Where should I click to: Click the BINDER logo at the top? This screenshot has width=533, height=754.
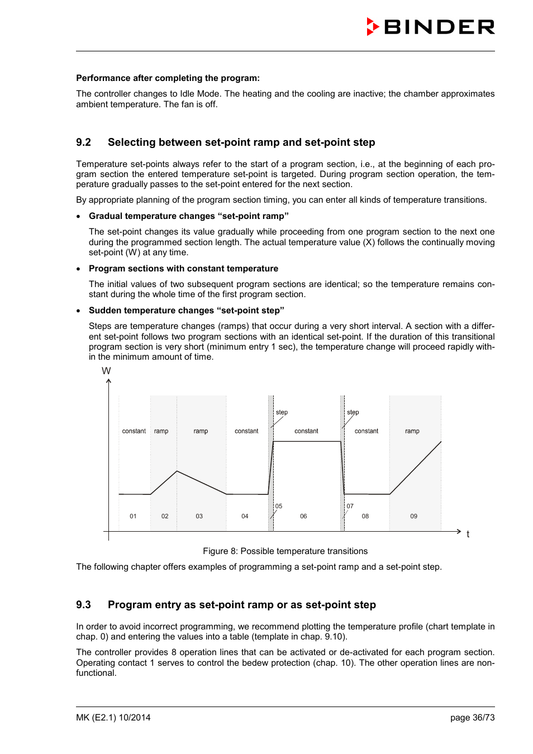[x=430, y=27]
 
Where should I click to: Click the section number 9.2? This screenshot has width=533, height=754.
[x=83, y=142]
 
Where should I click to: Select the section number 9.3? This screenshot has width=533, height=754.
[x=83, y=605]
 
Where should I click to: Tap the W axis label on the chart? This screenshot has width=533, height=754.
[x=106, y=371]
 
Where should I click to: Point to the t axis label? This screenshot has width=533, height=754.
[x=468, y=535]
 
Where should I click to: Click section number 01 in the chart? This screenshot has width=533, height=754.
[x=133, y=516]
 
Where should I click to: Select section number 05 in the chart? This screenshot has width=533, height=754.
[x=279, y=506]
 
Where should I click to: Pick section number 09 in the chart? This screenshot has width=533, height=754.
[x=413, y=516]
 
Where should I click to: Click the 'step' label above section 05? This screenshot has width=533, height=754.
[x=282, y=412]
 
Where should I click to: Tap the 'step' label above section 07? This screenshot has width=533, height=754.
[x=353, y=412]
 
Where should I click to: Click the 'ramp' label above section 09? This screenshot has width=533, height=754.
[x=412, y=431]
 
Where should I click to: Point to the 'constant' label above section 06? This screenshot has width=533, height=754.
[x=306, y=431]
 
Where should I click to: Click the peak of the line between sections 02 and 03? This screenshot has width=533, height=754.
[x=177, y=471]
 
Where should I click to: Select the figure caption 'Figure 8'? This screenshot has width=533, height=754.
[x=285, y=551]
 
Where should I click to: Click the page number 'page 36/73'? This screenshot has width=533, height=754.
[x=472, y=718]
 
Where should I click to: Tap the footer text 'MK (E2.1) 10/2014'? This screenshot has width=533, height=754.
[x=113, y=718]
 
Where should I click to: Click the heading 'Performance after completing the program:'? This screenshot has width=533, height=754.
[x=168, y=78]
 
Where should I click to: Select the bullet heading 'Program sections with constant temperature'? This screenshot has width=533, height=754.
[x=183, y=269]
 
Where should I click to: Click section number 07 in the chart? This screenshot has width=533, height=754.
[x=350, y=506]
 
